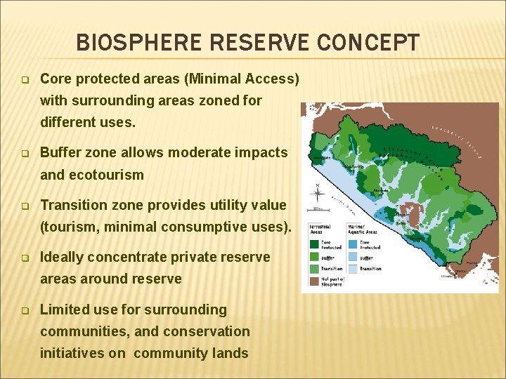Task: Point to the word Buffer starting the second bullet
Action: tap(60, 152)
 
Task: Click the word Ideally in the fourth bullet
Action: tap(64, 257)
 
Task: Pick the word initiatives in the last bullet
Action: tap(72, 353)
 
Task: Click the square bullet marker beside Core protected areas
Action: tap(25, 79)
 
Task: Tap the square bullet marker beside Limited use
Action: tap(25, 310)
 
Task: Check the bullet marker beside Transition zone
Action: tap(25, 206)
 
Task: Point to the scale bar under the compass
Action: tap(318, 208)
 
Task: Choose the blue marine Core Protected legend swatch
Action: tap(351, 245)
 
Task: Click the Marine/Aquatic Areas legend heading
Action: tap(363, 230)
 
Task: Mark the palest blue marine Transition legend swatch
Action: tap(351, 267)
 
